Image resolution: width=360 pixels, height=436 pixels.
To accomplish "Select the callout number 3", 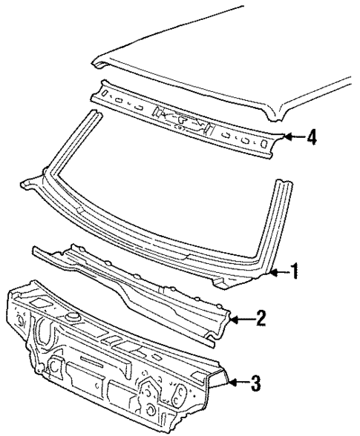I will click(255, 383).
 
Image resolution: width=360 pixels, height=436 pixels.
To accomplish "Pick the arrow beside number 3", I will click(236, 383).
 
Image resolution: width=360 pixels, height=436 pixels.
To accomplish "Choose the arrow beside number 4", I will click(293, 137).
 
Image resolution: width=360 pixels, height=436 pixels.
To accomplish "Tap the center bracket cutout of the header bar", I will click(178, 117).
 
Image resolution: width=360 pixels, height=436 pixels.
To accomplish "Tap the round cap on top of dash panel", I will click(75, 317).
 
